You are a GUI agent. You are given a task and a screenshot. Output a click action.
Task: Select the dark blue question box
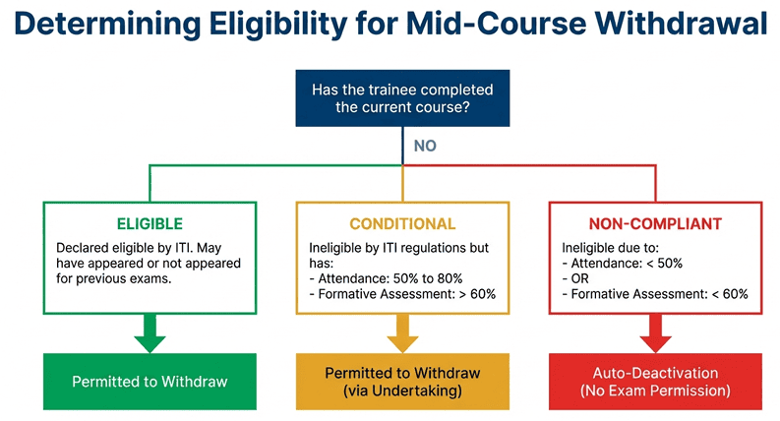coord(402,97)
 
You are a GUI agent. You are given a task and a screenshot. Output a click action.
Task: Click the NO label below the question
coord(425,146)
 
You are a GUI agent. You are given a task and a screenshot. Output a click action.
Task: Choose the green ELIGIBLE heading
coord(150,223)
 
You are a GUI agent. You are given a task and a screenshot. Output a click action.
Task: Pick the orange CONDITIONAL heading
coord(402,223)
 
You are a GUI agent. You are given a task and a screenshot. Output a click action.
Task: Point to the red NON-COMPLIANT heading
coord(655,223)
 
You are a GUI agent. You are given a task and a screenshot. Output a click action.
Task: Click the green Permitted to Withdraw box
coord(150,381)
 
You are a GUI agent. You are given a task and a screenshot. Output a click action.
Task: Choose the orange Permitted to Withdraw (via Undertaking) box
coord(402,382)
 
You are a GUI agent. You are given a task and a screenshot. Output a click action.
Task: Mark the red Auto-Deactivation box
coord(655,382)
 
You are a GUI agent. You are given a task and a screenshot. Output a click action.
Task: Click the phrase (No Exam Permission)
coord(655,391)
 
